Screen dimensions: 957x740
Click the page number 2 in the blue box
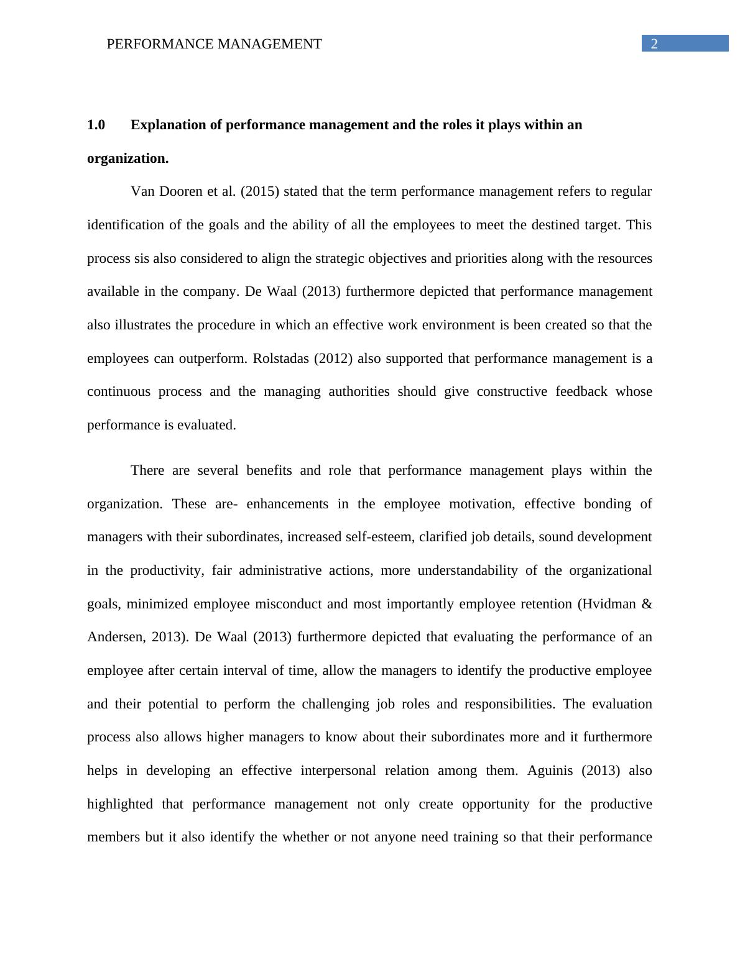pyautogui.click(x=654, y=44)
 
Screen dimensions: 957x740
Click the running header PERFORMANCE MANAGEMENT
pyautogui.click(x=214, y=44)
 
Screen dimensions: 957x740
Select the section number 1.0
pyautogui.click(x=96, y=125)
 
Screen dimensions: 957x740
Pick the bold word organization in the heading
pyautogui.click(x=127, y=158)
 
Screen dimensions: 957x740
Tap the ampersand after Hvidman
pyautogui.click(x=647, y=604)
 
